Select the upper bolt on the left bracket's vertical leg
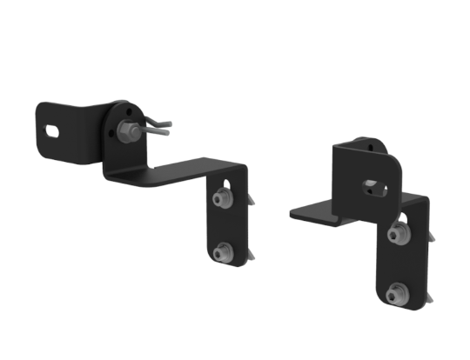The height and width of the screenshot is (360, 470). pos(220,200)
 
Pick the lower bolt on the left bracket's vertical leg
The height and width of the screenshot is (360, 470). pos(220,252)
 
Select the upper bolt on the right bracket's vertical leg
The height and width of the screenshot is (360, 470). pos(399,232)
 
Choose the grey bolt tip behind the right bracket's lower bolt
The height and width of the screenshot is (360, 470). pos(426,297)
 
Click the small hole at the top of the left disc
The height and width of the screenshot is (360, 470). pos(129,110)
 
